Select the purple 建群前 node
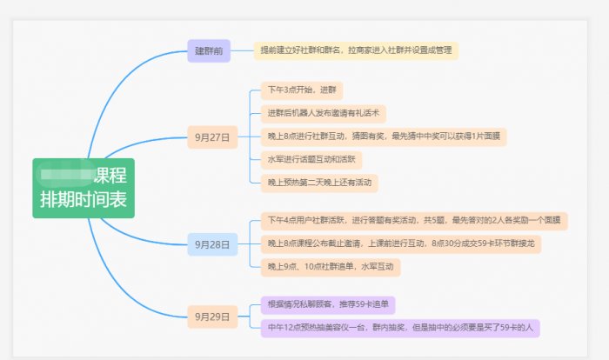[209, 50]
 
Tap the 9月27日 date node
[212, 137]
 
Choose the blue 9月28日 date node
[212, 245]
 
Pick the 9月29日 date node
[212, 317]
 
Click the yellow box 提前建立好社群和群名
[356, 50]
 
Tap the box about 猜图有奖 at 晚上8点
[384, 137]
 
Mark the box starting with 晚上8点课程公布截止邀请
[401, 244]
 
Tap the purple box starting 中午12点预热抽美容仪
[403, 327]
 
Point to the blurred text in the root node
[68, 175]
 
